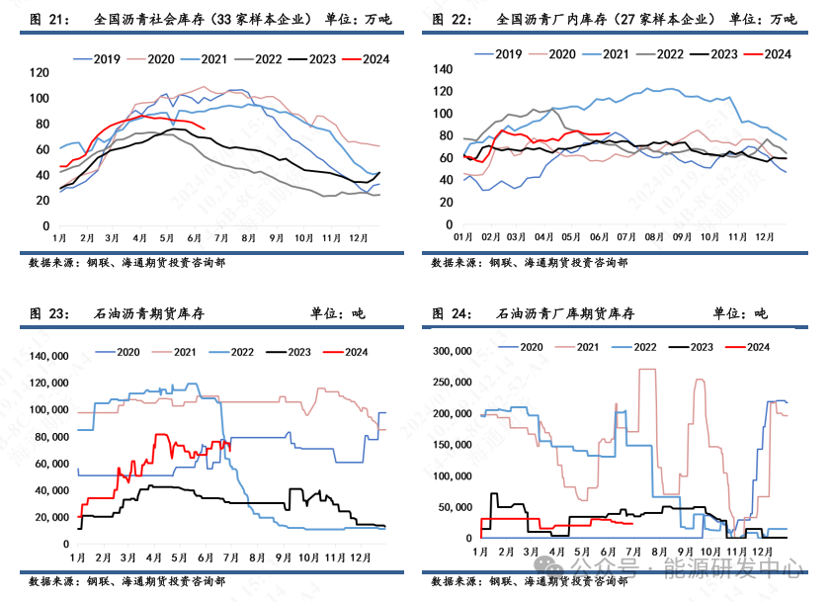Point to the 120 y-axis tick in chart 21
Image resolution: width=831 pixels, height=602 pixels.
[40, 72]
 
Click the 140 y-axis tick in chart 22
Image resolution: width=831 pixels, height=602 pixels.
[442, 70]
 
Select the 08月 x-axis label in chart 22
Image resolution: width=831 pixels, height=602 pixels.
[653, 238]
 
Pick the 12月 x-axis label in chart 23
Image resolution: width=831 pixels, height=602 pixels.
[359, 558]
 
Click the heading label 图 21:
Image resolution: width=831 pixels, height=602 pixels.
[49, 19]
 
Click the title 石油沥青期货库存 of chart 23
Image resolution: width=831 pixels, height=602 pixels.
[149, 313]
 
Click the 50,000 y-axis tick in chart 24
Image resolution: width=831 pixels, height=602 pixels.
[455, 507]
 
